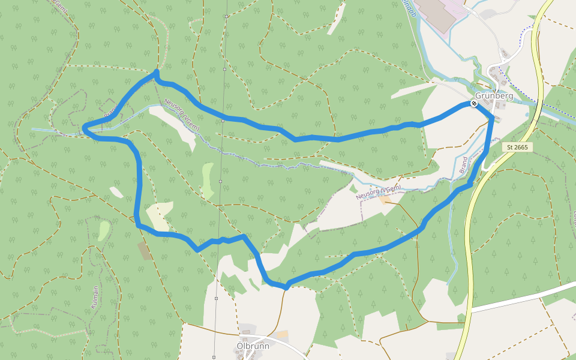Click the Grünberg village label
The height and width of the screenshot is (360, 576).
point(494,96)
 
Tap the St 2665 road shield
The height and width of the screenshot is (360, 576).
point(517,147)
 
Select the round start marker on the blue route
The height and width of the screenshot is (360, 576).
point(474,104)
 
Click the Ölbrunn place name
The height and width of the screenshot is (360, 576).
point(253,346)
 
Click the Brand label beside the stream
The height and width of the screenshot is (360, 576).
point(463,165)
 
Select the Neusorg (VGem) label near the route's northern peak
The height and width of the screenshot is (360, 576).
point(181,115)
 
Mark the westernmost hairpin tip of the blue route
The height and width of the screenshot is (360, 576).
point(85,127)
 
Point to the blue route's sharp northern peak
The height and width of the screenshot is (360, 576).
point(156,72)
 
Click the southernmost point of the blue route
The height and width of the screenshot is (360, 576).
point(286,287)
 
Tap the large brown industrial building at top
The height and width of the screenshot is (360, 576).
point(436,13)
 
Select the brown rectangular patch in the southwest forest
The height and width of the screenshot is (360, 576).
point(145,251)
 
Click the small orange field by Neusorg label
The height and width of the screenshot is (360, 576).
point(384,199)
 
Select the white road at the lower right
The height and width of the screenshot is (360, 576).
point(522,298)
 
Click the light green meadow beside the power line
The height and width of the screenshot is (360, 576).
point(207,180)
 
